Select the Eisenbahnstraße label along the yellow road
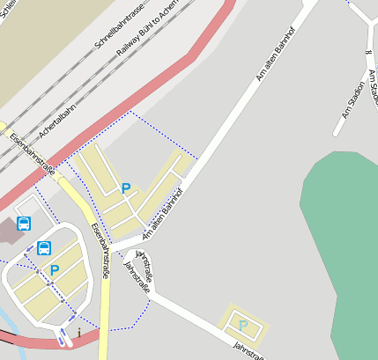pos(100,251)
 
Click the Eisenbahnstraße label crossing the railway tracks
pos(32,154)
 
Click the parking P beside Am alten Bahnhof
pos(126,187)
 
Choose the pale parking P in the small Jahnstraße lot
pos(242,326)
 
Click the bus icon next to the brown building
pos(24,224)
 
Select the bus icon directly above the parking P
pos(44,248)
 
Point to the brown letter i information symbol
pos(79,333)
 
